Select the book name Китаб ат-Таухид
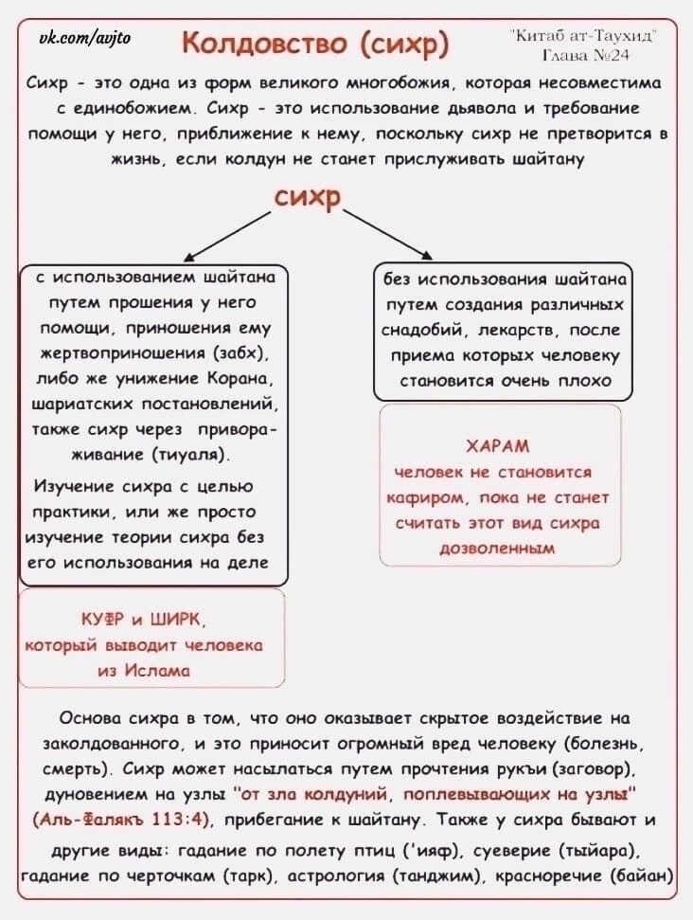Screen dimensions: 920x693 tap(583, 36)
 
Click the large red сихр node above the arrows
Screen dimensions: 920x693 tap(308, 198)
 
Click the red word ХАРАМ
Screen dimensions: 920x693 tap(498, 446)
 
